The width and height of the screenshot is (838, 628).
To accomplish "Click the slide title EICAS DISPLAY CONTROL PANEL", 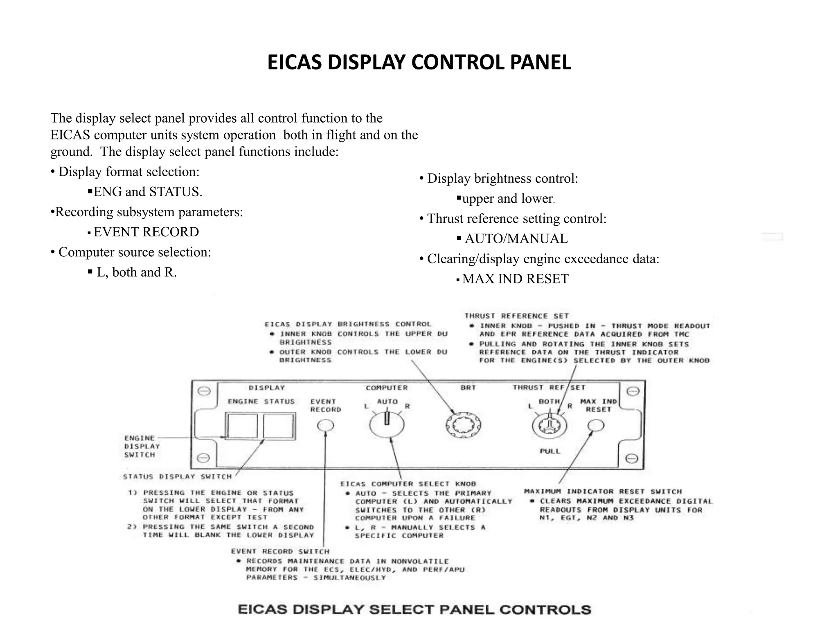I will point(419,63).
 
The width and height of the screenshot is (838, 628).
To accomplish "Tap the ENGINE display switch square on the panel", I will point(242,426).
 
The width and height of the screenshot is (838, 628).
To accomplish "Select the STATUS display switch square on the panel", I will point(278,426).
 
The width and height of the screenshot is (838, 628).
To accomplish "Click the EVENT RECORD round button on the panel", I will point(326,426).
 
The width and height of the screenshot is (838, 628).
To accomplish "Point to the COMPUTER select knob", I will point(387,425).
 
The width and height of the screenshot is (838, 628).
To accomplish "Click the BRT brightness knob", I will point(463,425).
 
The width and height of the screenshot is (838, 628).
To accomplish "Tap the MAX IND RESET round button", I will point(596,426).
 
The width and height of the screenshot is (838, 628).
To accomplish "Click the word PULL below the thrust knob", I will point(550,451).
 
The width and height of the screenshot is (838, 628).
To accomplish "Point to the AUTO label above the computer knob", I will point(387,401).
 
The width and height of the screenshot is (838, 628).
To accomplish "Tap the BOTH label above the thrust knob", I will point(549,401).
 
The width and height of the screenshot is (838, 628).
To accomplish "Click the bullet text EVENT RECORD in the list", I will point(146,232).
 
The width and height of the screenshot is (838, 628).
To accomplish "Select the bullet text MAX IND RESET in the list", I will point(515,279).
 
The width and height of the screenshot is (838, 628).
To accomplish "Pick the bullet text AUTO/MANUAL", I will point(516,239).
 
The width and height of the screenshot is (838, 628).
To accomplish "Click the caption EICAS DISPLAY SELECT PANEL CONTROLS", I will point(414,610).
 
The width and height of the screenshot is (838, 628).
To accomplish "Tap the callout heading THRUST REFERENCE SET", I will point(516,316).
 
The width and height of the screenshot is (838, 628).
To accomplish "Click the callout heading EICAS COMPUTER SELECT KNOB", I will point(408,484).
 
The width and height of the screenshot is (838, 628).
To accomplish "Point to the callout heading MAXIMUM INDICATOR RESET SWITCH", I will point(603,491).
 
